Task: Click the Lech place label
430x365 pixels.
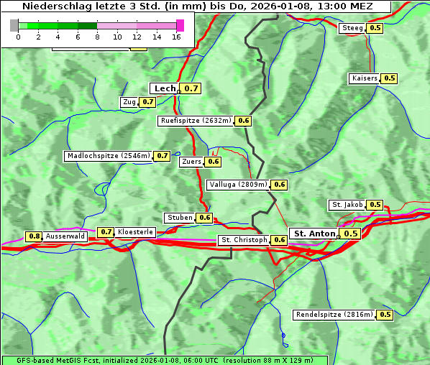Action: click(165, 88)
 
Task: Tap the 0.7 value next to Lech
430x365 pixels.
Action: click(191, 88)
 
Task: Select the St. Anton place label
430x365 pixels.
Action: click(314, 234)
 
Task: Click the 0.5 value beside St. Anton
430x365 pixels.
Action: click(350, 234)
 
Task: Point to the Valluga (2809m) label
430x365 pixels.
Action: click(239, 185)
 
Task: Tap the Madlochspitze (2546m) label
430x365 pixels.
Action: click(109, 155)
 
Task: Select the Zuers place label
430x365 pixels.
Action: click(192, 162)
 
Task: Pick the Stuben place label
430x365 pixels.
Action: click(180, 218)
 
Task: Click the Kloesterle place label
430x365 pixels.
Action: click(135, 232)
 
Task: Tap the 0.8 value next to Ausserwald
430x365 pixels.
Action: click(34, 236)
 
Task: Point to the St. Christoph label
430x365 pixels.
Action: click(244, 240)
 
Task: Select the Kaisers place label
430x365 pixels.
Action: click(364, 78)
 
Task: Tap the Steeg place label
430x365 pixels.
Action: click(352, 28)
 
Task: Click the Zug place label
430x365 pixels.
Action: click(129, 102)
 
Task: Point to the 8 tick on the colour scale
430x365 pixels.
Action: click(97, 36)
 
